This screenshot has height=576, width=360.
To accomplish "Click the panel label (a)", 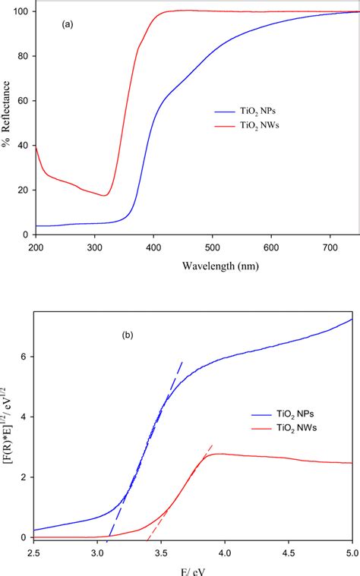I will pyautogui.click(x=67, y=24).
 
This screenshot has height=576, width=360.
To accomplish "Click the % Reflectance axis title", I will pyautogui.click(x=8, y=122).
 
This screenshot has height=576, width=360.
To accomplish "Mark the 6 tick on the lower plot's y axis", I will pyautogui.click(x=26, y=357).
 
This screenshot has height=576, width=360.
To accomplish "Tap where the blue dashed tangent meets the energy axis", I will pyautogui.click(x=109, y=537).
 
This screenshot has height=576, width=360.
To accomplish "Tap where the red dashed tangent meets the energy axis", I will pyautogui.click(x=147, y=537).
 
